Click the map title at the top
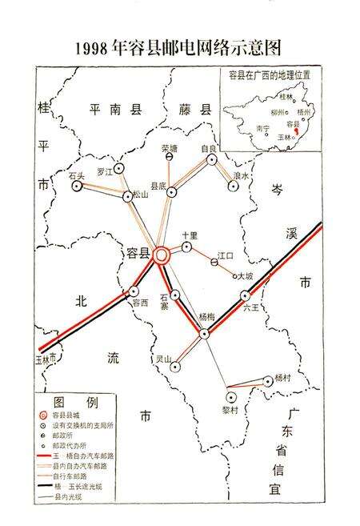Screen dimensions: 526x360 (179, 47)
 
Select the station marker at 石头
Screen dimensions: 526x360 (77, 186)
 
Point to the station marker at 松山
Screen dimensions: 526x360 (127, 196)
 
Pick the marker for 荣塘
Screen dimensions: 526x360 (169, 158)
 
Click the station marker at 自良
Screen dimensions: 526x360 (211, 159)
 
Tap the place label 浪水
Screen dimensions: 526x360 (241, 175)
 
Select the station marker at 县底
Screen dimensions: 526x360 (171, 192)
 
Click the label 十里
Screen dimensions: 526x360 (190, 235)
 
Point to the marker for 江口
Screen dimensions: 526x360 (214, 263)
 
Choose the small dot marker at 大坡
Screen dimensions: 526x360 (235, 277)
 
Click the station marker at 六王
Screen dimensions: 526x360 (246, 295)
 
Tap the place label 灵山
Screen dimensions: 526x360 (164, 359)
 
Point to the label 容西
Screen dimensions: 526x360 (141, 303)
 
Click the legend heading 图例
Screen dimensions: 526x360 (75, 400)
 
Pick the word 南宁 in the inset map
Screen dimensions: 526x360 (262, 128)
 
